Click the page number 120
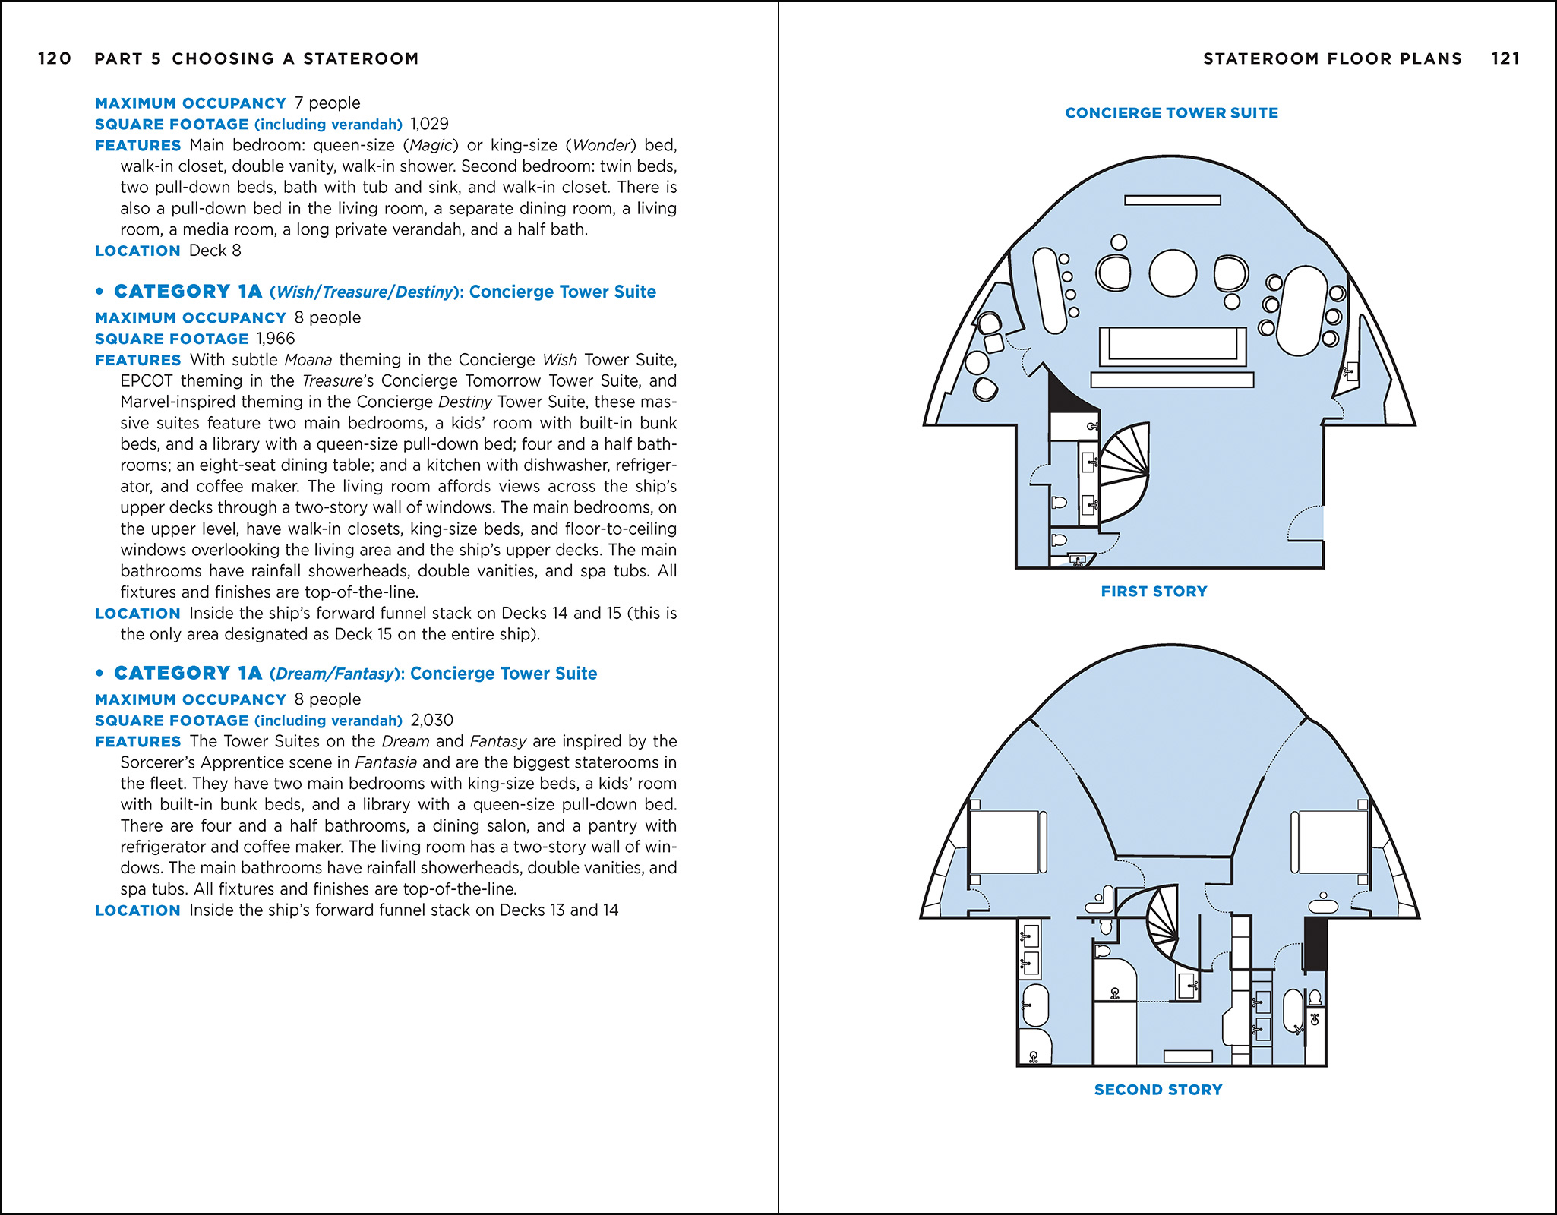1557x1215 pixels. coord(55,58)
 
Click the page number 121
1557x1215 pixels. coord(1505,58)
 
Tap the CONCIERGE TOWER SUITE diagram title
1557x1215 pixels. coord(1171,113)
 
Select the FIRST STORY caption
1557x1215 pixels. coord(1154,592)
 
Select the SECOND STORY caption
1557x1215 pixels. coord(1158,1090)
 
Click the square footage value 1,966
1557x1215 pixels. coord(276,339)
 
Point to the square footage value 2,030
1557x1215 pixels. coord(432,721)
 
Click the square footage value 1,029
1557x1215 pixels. coord(430,124)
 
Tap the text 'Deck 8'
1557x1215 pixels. coord(215,251)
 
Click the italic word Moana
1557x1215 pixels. coord(308,360)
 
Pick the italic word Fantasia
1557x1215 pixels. coord(386,762)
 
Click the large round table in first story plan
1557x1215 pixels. coord(1173,273)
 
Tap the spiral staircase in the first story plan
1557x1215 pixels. coord(1124,472)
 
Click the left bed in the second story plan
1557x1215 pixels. coord(1006,842)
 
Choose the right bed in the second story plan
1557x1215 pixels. coord(1331,842)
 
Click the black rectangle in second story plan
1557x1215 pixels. coord(1315,944)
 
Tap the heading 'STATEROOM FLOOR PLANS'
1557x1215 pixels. coord(1332,58)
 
